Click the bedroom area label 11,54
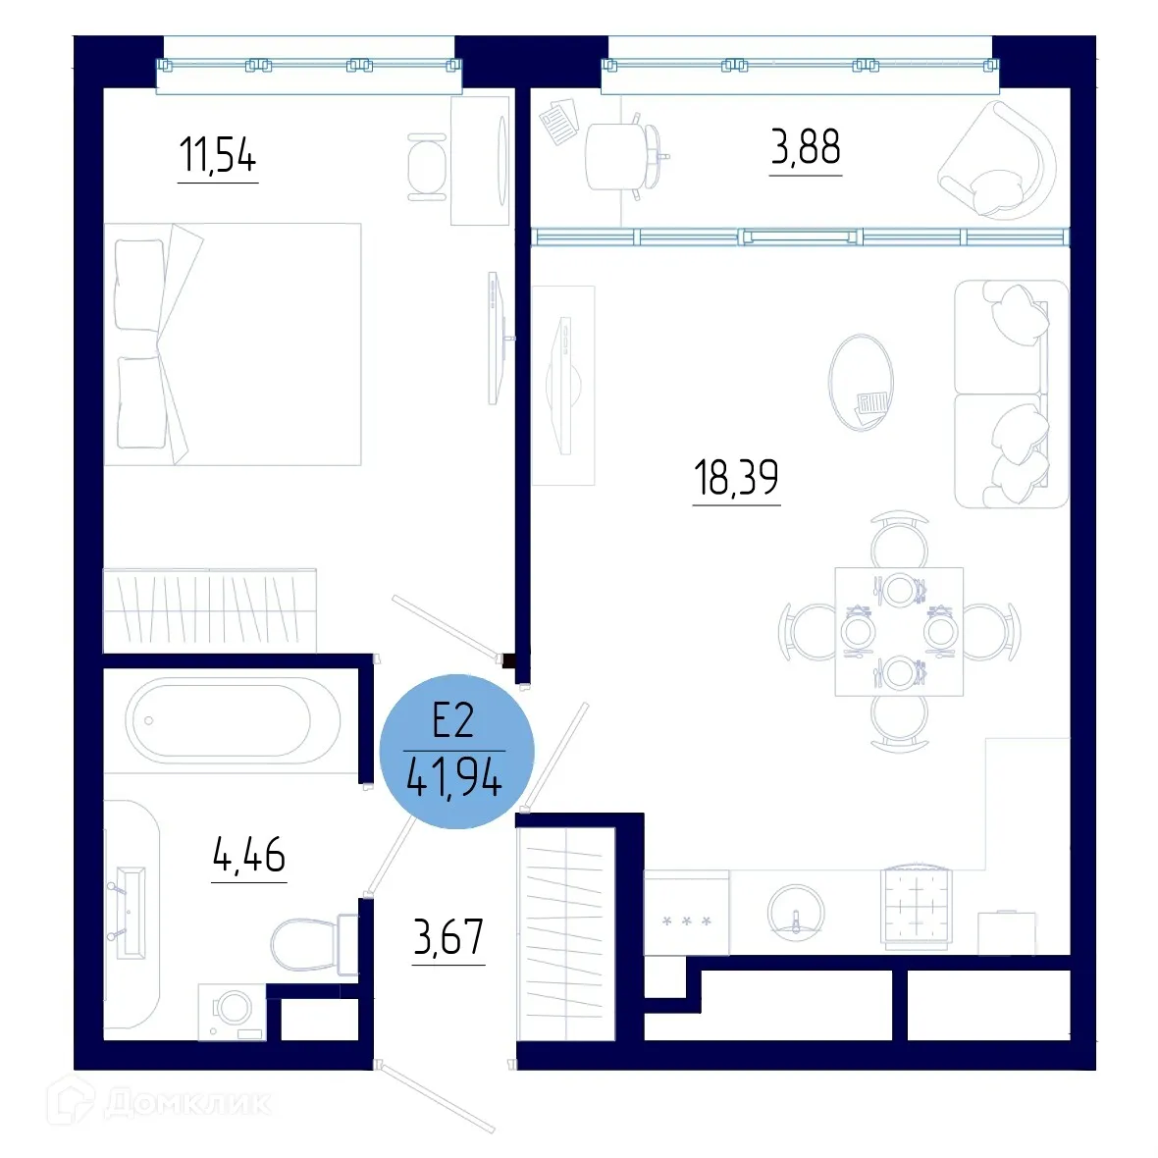217,156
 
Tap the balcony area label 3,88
805,148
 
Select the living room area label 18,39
736,478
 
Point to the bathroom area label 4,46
248,856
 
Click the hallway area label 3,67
448,937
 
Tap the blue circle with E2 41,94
455,752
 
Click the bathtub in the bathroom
232,721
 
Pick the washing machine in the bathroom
232,1012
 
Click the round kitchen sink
796,913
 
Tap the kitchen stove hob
917,909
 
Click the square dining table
899,632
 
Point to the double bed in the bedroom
233,343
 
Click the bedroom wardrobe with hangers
210,608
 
